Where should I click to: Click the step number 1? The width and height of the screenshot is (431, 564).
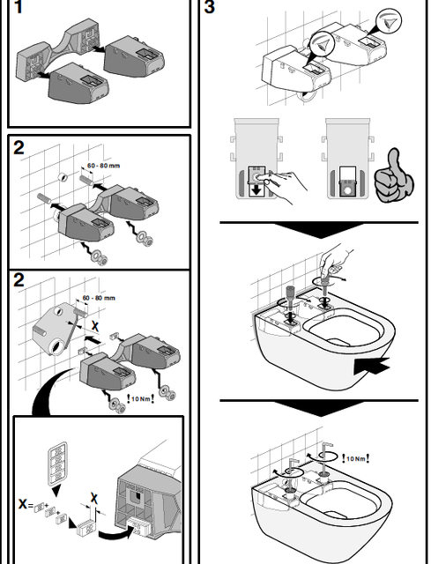[19, 7]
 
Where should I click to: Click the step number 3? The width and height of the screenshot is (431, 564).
[210, 7]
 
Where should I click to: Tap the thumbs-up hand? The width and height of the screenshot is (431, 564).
[394, 176]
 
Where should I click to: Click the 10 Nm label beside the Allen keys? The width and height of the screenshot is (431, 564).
[355, 458]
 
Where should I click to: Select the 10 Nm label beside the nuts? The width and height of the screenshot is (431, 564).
[140, 399]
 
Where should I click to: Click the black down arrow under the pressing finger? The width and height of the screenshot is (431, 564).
[256, 190]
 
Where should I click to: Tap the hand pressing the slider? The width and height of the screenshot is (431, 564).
[284, 185]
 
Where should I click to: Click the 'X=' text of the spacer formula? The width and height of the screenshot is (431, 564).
[26, 505]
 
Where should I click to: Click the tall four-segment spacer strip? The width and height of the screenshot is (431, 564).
[57, 462]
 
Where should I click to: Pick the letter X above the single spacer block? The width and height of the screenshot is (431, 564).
[94, 498]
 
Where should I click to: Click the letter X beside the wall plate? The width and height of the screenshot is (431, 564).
[95, 326]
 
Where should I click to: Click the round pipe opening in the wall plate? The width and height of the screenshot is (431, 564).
[57, 348]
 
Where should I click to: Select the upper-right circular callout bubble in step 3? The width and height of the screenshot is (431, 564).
[389, 21]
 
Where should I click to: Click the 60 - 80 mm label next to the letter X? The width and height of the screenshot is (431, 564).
[99, 298]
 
